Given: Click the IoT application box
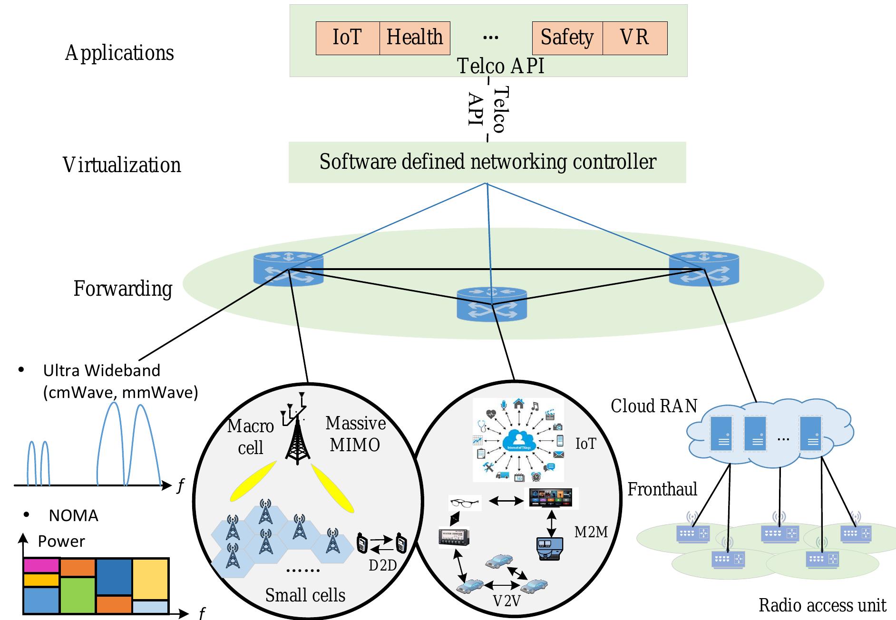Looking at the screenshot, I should pyautogui.click(x=348, y=38).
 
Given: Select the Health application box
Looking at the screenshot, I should pyautogui.click(x=415, y=38).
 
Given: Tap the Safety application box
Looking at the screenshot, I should pyautogui.click(x=567, y=38).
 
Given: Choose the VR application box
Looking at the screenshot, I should pyautogui.click(x=635, y=38).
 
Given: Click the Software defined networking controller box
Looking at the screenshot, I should pyautogui.click(x=487, y=162).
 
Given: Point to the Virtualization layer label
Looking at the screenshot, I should pyautogui.click(x=122, y=165).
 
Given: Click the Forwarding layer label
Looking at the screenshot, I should pyautogui.click(x=123, y=289).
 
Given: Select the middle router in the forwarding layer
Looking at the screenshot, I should pyautogui.click(x=492, y=304).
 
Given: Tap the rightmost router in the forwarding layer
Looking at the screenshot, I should pyautogui.click(x=704, y=270).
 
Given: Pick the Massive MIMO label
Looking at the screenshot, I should pyautogui.click(x=355, y=434).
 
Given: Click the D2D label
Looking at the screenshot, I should pyautogui.click(x=382, y=565).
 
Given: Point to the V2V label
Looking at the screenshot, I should pyautogui.click(x=506, y=601).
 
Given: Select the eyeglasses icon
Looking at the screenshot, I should pyautogui.click(x=465, y=503).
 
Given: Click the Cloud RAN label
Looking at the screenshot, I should pyautogui.click(x=654, y=406).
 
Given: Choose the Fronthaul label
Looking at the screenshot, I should pyautogui.click(x=662, y=489).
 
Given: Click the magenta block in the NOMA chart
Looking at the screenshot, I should pyautogui.click(x=41, y=566).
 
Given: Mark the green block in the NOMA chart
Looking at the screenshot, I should pyautogui.click(x=78, y=594).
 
